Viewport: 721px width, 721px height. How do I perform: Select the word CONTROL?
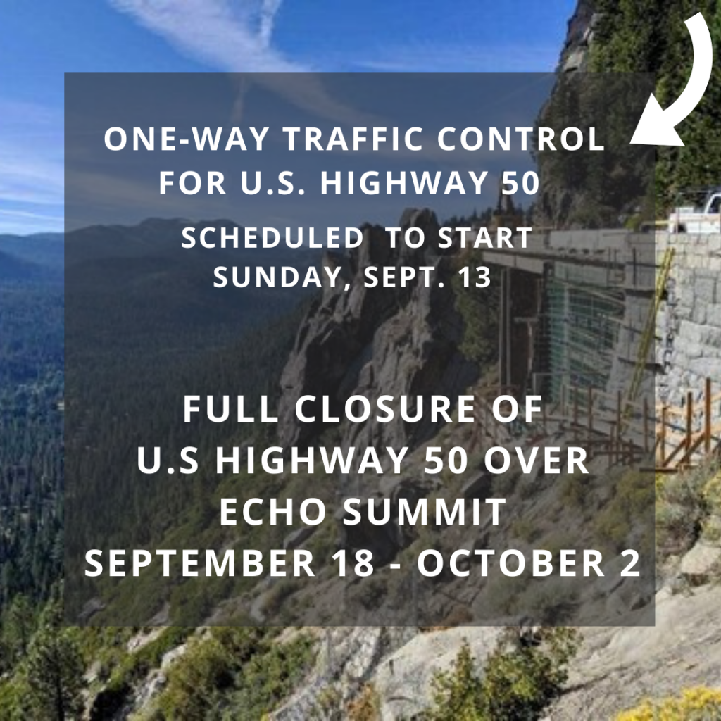point(520,140)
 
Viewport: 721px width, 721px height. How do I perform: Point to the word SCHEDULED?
point(272,239)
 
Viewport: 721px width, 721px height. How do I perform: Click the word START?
point(485,239)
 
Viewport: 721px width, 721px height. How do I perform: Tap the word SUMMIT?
point(426,513)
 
